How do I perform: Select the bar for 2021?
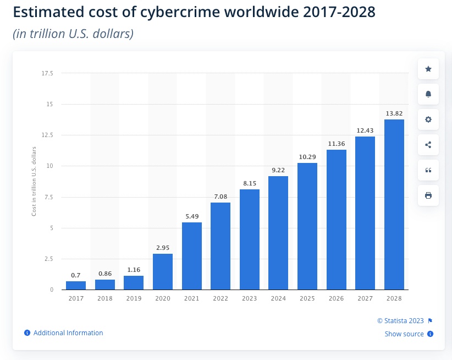[x=191, y=256]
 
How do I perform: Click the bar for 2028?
[x=394, y=204]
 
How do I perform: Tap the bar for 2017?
[x=76, y=285]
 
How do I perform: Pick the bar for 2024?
[x=278, y=233]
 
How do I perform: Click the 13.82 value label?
[x=394, y=113]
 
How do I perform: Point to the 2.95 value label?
[x=163, y=248]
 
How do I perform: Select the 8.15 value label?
[x=249, y=183]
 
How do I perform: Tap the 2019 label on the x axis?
[x=134, y=298]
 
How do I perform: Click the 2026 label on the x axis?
[x=336, y=298]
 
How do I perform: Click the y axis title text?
[x=34, y=181]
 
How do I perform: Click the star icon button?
[x=428, y=69]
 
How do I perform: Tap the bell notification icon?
[x=428, y=94]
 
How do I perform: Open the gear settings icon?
[x=428, y=119]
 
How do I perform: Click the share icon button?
[x=428, y=145]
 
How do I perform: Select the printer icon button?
[x=428, y=195]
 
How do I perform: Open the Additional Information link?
[x=68, y=333]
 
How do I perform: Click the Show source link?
[x=404, y=334]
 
